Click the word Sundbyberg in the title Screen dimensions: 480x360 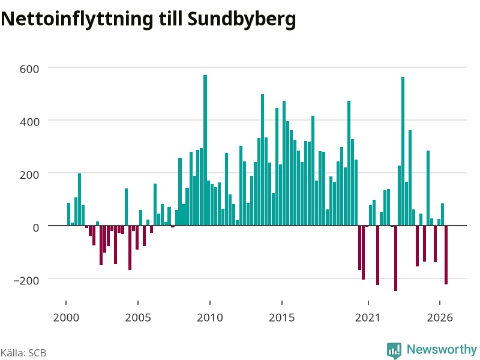coord(242,19)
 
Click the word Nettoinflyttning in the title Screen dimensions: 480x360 coord(77,19)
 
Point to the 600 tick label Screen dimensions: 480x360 coord(29,69)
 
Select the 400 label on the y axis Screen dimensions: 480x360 coord(29,122)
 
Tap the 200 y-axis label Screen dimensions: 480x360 coord(29,175)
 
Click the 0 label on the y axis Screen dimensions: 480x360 coord(36,227)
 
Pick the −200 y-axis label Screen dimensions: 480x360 coord(26,280)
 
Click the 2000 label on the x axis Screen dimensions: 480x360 coord(66,317)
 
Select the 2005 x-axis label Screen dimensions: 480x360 coord(138,317)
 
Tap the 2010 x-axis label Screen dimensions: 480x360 coord(210,317)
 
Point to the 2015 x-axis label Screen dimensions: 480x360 coord(282,317)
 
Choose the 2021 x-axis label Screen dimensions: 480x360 coord(368,317)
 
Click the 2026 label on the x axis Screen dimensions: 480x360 coord(440,317)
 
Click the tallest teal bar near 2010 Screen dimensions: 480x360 coord(205,151)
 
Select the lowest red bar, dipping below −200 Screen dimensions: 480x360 coord(395,258)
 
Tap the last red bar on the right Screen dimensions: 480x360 coord(446,255)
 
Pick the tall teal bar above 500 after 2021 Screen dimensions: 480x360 coord(403,151)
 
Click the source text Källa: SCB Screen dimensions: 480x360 coord(23,353)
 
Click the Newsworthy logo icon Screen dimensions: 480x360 coord(394,350)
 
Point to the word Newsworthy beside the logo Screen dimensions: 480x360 coord(442,349)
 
